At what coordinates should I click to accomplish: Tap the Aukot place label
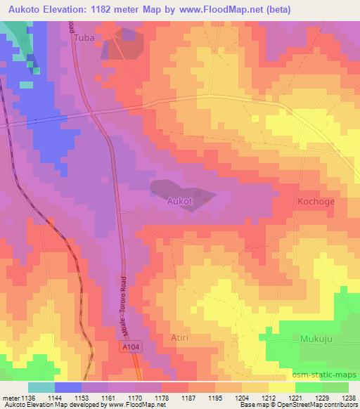(179, 201)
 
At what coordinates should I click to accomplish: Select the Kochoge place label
(316, 200)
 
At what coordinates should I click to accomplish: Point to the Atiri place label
(180, 337)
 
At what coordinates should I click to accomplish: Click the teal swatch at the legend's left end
(41, 387)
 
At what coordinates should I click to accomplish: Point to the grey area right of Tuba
(122, 45)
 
